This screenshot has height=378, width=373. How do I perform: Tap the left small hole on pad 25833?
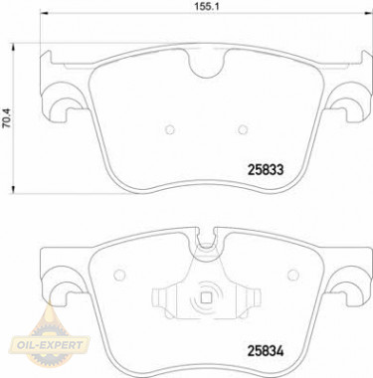tap(169, 127)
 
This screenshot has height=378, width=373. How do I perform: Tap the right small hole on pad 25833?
tap(243, 127)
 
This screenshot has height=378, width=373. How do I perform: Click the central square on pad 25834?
tap(206, 296)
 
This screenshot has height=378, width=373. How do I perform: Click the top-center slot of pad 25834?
tap(206, 239)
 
